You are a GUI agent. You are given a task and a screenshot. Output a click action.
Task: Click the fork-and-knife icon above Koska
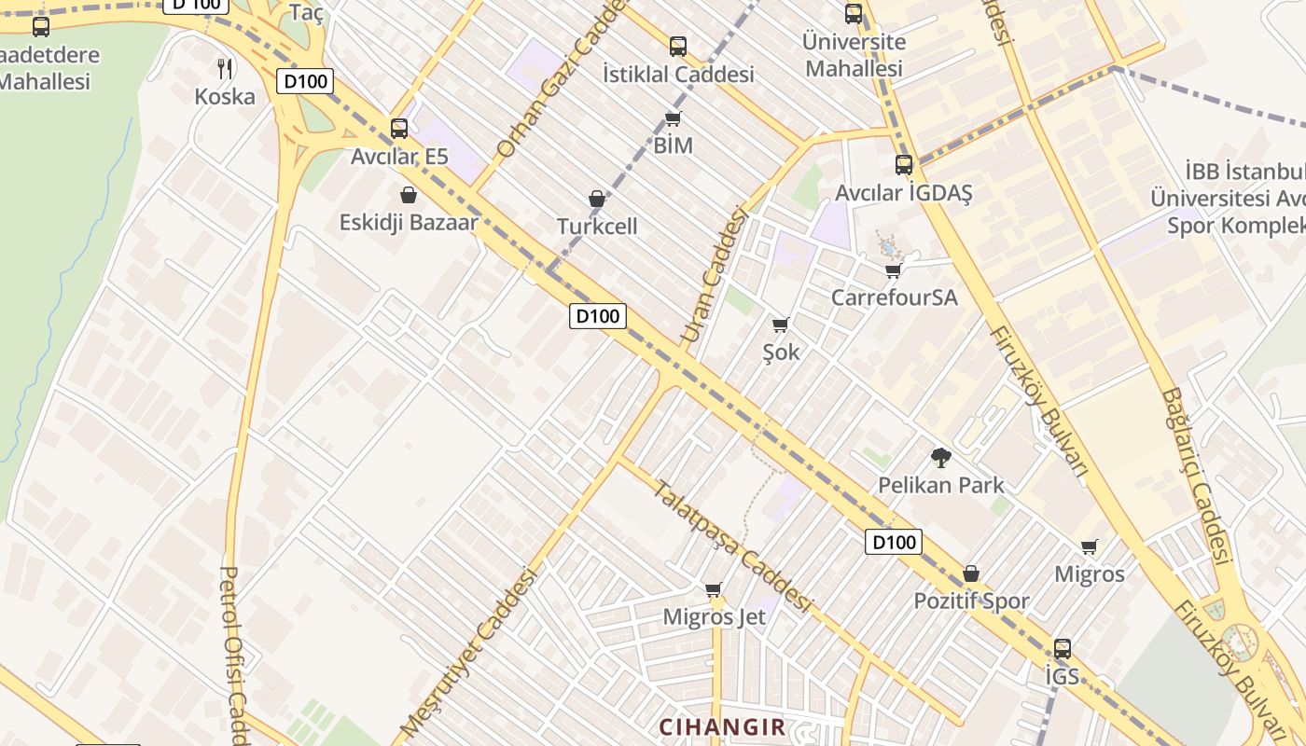click(224, 68)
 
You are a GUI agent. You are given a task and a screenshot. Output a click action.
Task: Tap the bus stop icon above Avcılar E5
click(399, 129)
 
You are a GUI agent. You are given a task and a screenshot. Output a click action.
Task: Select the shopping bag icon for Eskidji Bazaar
click(408, 195)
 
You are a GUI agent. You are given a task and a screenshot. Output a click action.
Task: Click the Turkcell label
click(597, 226)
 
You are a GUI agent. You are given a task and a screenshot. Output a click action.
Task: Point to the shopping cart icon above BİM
click(673, 118)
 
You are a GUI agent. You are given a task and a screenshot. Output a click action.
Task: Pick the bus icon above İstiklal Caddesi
click(678, 46)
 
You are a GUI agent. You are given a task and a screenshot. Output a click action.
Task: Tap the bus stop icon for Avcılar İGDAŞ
click(903, 165)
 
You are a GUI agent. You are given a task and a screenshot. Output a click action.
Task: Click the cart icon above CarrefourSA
click(893, 271)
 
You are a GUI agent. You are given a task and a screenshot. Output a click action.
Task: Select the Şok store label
click(781, 352)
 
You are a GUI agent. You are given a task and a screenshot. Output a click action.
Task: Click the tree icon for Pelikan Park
click(940, 458)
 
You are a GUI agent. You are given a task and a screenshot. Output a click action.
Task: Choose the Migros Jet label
click(714, 616)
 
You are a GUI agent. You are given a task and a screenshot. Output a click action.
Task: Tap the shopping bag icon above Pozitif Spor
click(971, 573)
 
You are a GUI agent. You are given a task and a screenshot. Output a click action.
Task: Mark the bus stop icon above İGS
click(1062, 649)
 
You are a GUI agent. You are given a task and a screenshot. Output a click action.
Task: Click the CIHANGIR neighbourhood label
click(722, 726)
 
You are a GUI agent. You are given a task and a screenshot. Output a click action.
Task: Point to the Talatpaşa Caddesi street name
click(731, 546)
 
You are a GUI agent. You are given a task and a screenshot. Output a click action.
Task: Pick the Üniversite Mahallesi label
click(854, 55)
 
